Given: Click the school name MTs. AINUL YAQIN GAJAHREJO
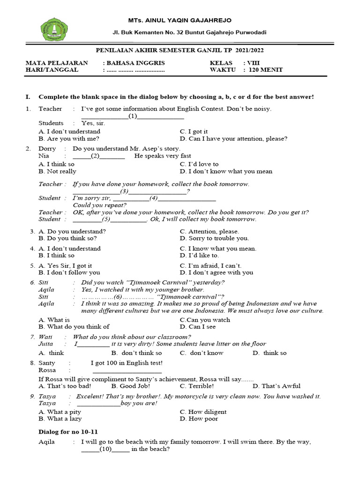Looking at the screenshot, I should (180, 20).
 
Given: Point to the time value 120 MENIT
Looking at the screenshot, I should (266, 70).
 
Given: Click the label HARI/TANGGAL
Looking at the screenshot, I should (52, 70).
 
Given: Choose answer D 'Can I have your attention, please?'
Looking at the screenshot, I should (233, 139).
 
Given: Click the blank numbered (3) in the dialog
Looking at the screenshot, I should (125, 191).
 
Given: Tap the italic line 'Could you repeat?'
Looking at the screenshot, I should (100, 205).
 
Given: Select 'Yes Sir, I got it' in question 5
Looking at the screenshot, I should (65, 265).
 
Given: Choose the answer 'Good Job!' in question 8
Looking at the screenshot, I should (131, 386).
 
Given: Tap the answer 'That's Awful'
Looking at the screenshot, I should (277, 386).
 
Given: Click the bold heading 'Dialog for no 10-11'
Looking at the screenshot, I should (68, 431).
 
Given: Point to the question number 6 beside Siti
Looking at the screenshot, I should (32, 282).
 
